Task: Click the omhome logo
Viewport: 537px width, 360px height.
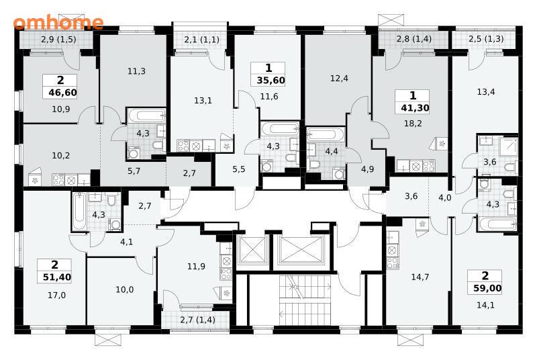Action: [58, 23]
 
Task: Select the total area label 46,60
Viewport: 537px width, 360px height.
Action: [62, 93]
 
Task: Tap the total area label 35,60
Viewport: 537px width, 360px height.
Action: [271, 81]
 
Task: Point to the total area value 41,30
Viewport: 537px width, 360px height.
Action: [415, 108]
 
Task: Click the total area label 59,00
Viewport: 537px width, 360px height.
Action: [487, 288]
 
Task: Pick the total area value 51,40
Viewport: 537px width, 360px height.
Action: [57, 277]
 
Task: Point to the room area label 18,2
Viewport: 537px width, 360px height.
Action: [413, 124]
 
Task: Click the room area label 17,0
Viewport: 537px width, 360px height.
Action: [57, 295]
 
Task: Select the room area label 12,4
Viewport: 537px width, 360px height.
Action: [339, 79]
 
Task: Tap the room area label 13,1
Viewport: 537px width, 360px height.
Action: [203, 100]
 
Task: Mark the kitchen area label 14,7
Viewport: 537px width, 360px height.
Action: [420, 277]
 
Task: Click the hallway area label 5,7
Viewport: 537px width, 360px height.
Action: [134, 171]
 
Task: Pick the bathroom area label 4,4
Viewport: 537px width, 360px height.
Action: [331, 151]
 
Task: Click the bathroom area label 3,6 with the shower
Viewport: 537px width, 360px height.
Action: [490, 162]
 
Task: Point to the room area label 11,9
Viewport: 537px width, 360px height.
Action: [196, 266]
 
